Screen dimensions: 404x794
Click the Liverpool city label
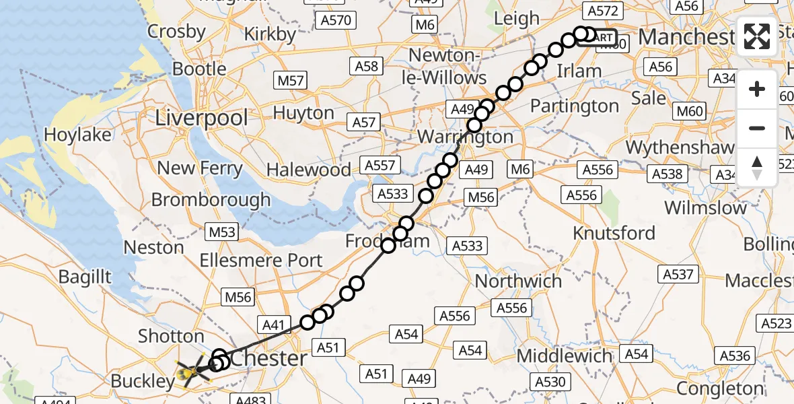pyautogui.click(x=201, y=118)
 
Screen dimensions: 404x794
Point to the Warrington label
pyautogui.click(x=465, y=137)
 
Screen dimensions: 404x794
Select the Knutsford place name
pyautogui.click(x=614, y=233)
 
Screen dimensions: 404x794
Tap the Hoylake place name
pyautogui.click(x=78, y=135)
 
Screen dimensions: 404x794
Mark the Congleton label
pyautogui.click(x=719, y=389)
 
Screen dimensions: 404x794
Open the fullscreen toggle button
pyautogui.click(x=757, y=36)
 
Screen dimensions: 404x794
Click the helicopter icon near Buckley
pyautogui.click(x=192, y=371)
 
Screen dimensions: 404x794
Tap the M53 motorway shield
pyautogui.click(x=222, y=232)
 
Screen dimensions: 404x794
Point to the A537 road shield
pyautogui.click(x=678, y=274)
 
